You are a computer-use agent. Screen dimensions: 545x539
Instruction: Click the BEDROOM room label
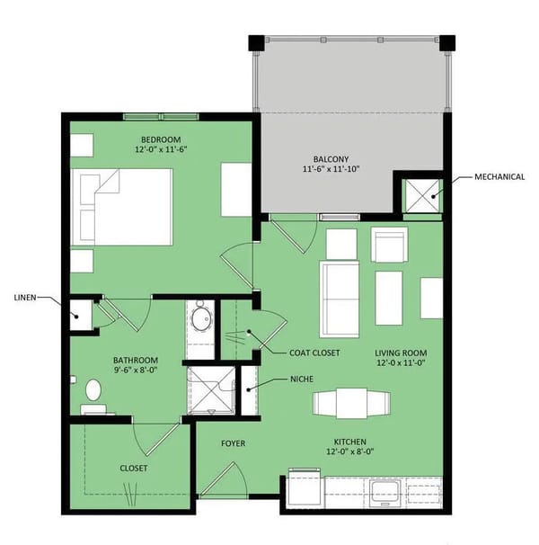[161, 138]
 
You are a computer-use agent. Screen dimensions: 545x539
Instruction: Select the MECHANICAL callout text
[499, 177]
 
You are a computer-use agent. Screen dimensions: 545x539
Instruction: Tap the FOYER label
[234, 443]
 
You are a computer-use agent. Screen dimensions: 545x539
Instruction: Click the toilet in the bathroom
[93, 392]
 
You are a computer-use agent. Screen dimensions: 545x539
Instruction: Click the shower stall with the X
[211, 389]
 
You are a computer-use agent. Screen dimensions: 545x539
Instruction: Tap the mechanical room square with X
[421, 193]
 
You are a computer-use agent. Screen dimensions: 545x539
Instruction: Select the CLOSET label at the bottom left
[134, 469]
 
